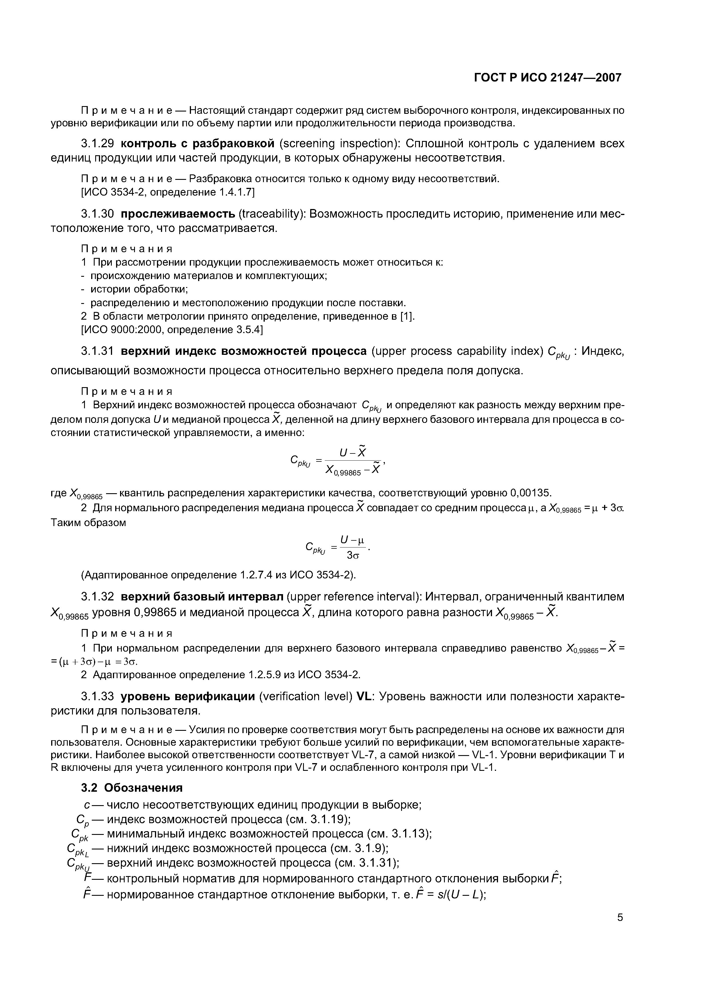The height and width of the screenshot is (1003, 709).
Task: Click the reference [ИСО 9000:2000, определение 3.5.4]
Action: point(172,329)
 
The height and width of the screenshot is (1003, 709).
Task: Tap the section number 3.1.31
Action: point(97,351)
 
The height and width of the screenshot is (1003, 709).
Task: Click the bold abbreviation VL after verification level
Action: point(363,696)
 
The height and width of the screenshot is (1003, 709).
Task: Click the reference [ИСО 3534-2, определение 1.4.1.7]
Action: point(168,192)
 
